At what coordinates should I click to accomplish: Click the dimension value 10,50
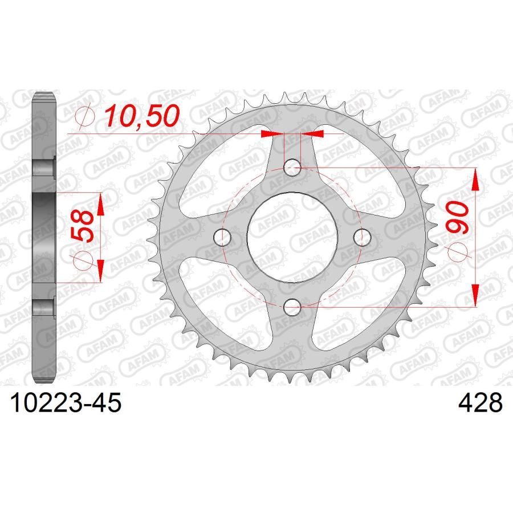coord(140,116)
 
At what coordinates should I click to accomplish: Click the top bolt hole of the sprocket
coord(292,167)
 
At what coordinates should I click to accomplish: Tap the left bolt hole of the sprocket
coord(222,237)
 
